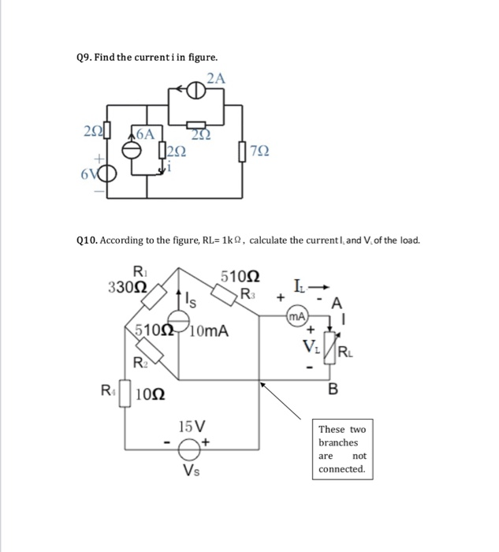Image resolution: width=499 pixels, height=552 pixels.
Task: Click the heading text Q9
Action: point(84,57)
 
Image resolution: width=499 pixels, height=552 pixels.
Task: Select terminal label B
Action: point(333,388)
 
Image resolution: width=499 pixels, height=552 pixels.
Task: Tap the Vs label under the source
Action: point(192,472)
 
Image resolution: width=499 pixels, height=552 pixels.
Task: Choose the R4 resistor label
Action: point(106,388)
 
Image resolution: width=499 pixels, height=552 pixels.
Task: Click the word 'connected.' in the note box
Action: point(341,469)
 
